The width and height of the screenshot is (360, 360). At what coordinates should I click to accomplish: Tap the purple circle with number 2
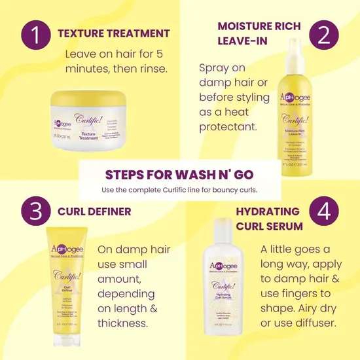tap(324, 35)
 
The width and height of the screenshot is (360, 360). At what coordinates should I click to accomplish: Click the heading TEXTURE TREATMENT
tap(113, 33)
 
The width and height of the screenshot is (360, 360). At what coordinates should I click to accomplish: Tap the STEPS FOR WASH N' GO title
tap(179, 175)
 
